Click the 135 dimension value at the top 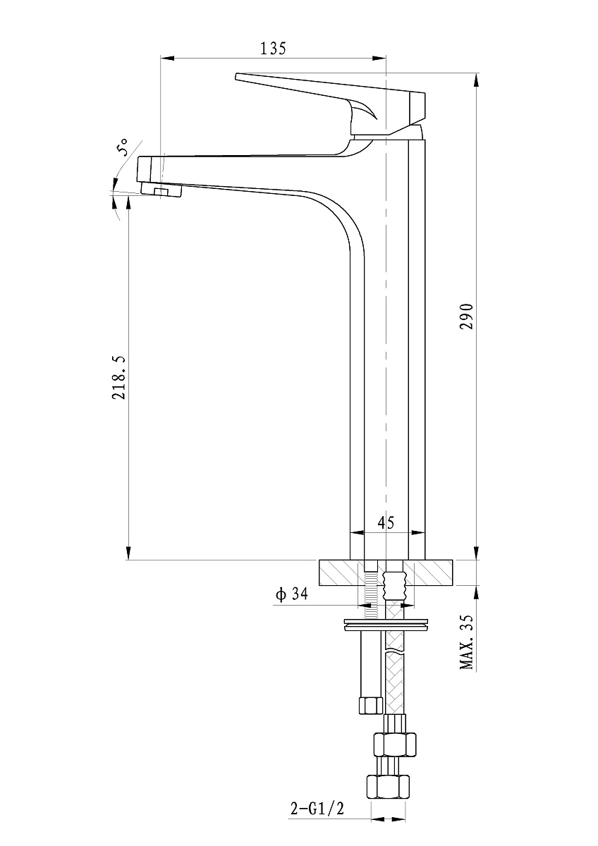pos(273,49)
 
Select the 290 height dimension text pos(467,316)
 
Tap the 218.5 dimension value pos(119,377)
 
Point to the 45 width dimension pos(386,522)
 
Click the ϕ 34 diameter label pos(292,594)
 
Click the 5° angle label pos(123,147)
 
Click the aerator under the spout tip pos(161,189)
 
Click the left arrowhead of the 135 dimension pos(168,58)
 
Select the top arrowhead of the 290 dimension pos(476,80)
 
